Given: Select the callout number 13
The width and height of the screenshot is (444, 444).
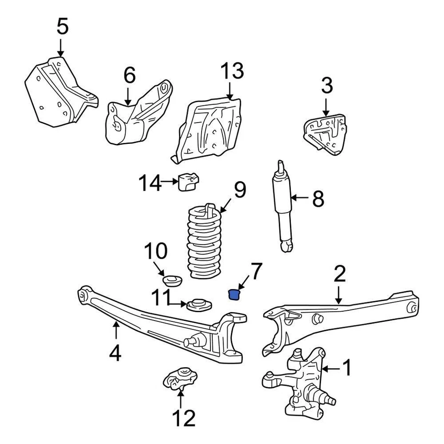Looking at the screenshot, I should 231,72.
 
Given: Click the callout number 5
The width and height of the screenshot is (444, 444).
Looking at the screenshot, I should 62,27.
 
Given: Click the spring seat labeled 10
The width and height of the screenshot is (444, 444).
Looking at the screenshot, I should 172,281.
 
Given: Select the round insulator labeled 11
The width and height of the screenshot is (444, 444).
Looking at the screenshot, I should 199,305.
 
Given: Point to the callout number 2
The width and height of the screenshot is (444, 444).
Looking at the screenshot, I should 339,275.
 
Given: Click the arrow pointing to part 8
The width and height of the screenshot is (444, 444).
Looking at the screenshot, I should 300,198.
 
